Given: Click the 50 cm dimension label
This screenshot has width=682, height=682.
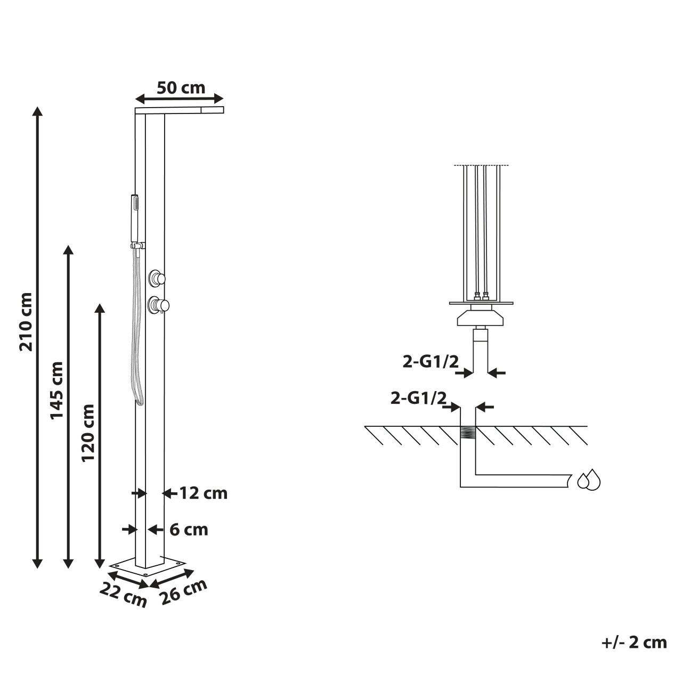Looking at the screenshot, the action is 181,88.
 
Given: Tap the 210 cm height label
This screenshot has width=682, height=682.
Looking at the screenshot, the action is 26,322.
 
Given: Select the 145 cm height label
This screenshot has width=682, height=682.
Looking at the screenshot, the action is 56,391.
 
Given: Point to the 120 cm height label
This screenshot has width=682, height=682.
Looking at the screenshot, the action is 88,433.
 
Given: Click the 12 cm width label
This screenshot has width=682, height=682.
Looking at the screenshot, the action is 204,493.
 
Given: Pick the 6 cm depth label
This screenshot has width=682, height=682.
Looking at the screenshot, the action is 189,530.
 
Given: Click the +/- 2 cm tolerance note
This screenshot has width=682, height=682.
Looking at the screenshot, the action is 634,642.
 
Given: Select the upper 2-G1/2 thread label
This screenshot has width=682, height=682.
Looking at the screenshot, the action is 431,362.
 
